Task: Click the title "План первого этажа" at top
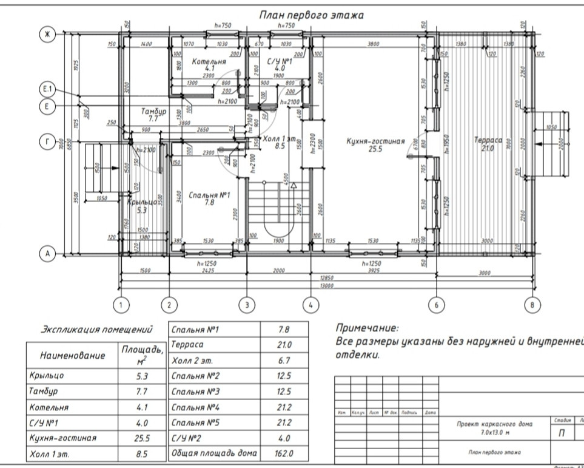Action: (311, 15)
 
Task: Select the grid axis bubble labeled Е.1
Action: (47, 90)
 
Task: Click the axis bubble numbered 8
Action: (532, 305)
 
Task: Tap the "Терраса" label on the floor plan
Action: (488, 140)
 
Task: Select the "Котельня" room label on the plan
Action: (209, 61)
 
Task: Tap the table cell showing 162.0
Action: (283, 453)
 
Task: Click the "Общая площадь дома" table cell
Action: (214, 453)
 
